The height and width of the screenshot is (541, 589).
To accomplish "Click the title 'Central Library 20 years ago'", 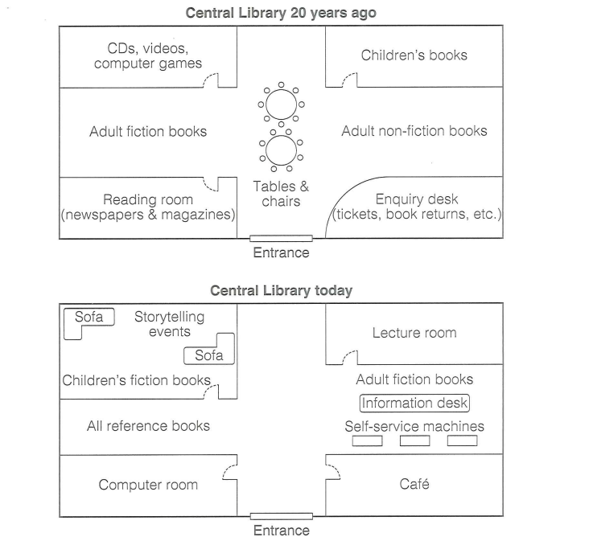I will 281,13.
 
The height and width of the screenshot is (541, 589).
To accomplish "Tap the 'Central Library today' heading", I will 281,291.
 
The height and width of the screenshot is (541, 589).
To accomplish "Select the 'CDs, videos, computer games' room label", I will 148,56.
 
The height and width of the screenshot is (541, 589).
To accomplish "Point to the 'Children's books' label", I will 414,55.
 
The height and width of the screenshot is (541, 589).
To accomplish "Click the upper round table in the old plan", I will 281,105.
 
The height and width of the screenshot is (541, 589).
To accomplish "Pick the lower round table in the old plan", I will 281,149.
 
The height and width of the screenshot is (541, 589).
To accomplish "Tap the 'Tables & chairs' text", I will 281,194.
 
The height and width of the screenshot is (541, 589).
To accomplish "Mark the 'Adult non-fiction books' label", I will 414,131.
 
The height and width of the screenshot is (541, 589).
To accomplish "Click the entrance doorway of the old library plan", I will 281,239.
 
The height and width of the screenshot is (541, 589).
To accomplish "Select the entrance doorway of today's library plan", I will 281,516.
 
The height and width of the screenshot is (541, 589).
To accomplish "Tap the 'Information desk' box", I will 414,404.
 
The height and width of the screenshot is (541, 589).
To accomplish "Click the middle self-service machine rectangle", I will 415,441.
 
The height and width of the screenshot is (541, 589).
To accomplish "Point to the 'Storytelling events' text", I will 169,324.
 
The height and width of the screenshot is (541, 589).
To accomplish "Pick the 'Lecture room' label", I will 414,333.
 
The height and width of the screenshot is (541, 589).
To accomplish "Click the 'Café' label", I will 414,484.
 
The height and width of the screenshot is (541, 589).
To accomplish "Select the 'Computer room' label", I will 148,485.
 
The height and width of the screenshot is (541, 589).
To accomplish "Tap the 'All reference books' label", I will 148,426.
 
